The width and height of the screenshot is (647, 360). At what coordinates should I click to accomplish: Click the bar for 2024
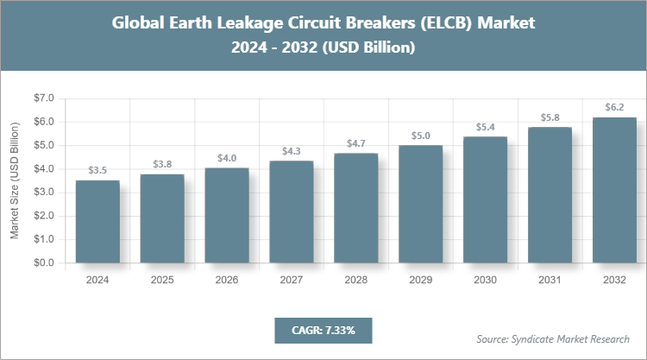coord(97,221)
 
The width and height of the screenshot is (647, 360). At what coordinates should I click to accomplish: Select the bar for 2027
coord(292,212)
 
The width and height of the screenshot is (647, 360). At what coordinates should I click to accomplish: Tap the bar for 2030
coord(486,199)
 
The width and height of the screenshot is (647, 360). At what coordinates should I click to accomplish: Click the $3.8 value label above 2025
coord(162,164)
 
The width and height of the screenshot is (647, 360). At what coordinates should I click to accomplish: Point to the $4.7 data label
coord(356,143)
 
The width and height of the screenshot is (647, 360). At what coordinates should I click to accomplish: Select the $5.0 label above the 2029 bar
coord(421,136)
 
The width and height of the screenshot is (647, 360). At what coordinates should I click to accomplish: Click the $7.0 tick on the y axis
coord(42,98)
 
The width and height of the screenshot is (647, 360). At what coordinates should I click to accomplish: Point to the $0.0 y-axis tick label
coord(42,262)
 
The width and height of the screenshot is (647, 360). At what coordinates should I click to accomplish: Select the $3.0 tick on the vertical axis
coord(42,193)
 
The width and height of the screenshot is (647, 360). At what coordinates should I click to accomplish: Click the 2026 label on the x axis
coord(227,281)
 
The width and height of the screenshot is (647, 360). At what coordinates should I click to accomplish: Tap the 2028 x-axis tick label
coord(356,281)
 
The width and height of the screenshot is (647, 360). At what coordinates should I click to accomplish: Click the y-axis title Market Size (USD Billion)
coord(15,180)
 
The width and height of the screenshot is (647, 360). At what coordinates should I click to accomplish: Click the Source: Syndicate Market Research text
coord(553,338)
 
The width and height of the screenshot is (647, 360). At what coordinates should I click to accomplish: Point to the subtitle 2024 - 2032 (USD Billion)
coord(323,48)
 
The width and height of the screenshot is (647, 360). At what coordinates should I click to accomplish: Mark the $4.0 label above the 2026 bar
coord(227,157)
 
